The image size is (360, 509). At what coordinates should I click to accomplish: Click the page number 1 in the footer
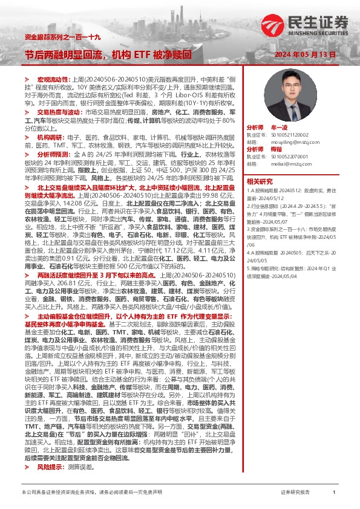point(333,493)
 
